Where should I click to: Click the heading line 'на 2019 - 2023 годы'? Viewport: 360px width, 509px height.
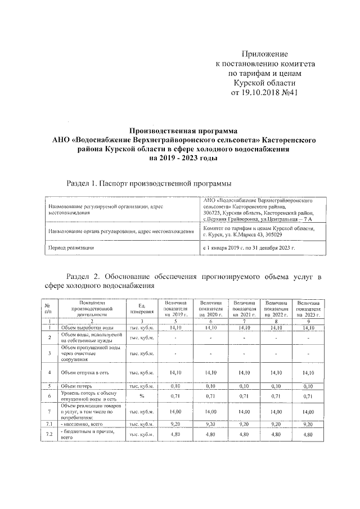183,158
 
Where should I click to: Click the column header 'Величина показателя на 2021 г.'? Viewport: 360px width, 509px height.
245,308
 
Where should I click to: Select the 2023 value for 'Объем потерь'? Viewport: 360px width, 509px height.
308,386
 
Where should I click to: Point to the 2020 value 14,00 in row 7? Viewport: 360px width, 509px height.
210,412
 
